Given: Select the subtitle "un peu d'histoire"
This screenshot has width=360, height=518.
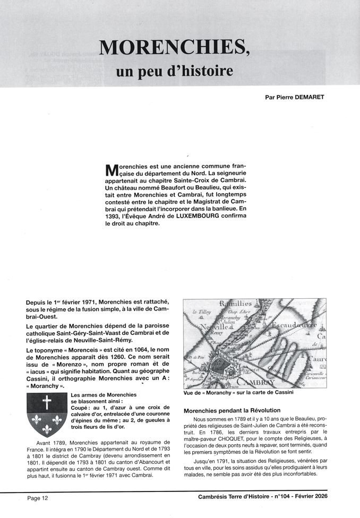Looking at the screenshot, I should coord(175,71).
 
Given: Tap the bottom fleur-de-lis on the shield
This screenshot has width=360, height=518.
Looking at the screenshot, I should coord(47,429).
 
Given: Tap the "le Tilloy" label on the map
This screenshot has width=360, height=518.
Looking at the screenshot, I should coord(202,313).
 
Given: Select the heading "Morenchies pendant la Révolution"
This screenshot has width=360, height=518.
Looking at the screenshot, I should coord(232,410).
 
